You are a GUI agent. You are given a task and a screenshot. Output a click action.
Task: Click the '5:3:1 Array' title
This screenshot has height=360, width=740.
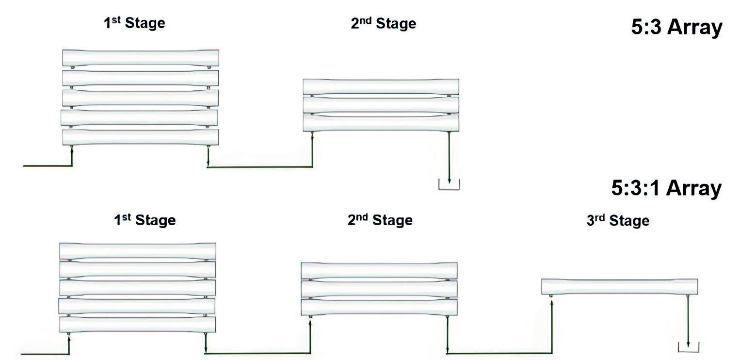click(666, 188)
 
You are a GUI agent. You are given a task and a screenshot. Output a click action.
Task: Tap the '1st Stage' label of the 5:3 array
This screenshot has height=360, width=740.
click(134, 23)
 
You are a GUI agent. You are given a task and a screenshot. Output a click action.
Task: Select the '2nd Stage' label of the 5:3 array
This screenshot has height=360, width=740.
click(383, 24)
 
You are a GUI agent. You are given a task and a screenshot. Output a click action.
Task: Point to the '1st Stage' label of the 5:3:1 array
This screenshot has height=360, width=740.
click(145, 220)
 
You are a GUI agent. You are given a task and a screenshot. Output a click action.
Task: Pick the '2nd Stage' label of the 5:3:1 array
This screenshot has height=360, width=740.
click(380, 220)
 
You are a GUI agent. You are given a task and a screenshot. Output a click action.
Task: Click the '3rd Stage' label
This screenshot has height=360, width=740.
click(617, 221)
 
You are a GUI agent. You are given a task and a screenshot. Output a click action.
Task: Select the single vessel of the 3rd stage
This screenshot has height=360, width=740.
click(619, 287)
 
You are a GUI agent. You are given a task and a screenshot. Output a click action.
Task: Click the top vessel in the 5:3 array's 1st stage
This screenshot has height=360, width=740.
click(140, 58)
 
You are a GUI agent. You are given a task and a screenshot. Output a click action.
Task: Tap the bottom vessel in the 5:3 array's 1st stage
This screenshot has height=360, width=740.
click(140, 137)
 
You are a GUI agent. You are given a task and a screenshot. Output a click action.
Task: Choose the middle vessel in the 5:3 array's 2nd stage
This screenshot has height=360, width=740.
click(381, 105)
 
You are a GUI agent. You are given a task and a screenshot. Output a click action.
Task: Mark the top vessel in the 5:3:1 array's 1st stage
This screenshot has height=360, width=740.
click(137, 251)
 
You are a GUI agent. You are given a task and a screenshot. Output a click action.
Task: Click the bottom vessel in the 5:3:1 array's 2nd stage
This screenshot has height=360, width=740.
click(379, 307)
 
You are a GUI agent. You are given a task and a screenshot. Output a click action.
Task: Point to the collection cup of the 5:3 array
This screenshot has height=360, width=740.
click(449, 185)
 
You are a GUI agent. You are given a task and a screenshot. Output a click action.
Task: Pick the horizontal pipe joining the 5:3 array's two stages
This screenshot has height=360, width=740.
click(260, 167)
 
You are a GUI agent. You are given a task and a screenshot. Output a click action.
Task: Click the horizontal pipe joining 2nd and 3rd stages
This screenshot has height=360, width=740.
click(499, 353)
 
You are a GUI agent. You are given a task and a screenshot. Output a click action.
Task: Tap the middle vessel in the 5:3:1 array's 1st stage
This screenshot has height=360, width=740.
click(137, 288)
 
